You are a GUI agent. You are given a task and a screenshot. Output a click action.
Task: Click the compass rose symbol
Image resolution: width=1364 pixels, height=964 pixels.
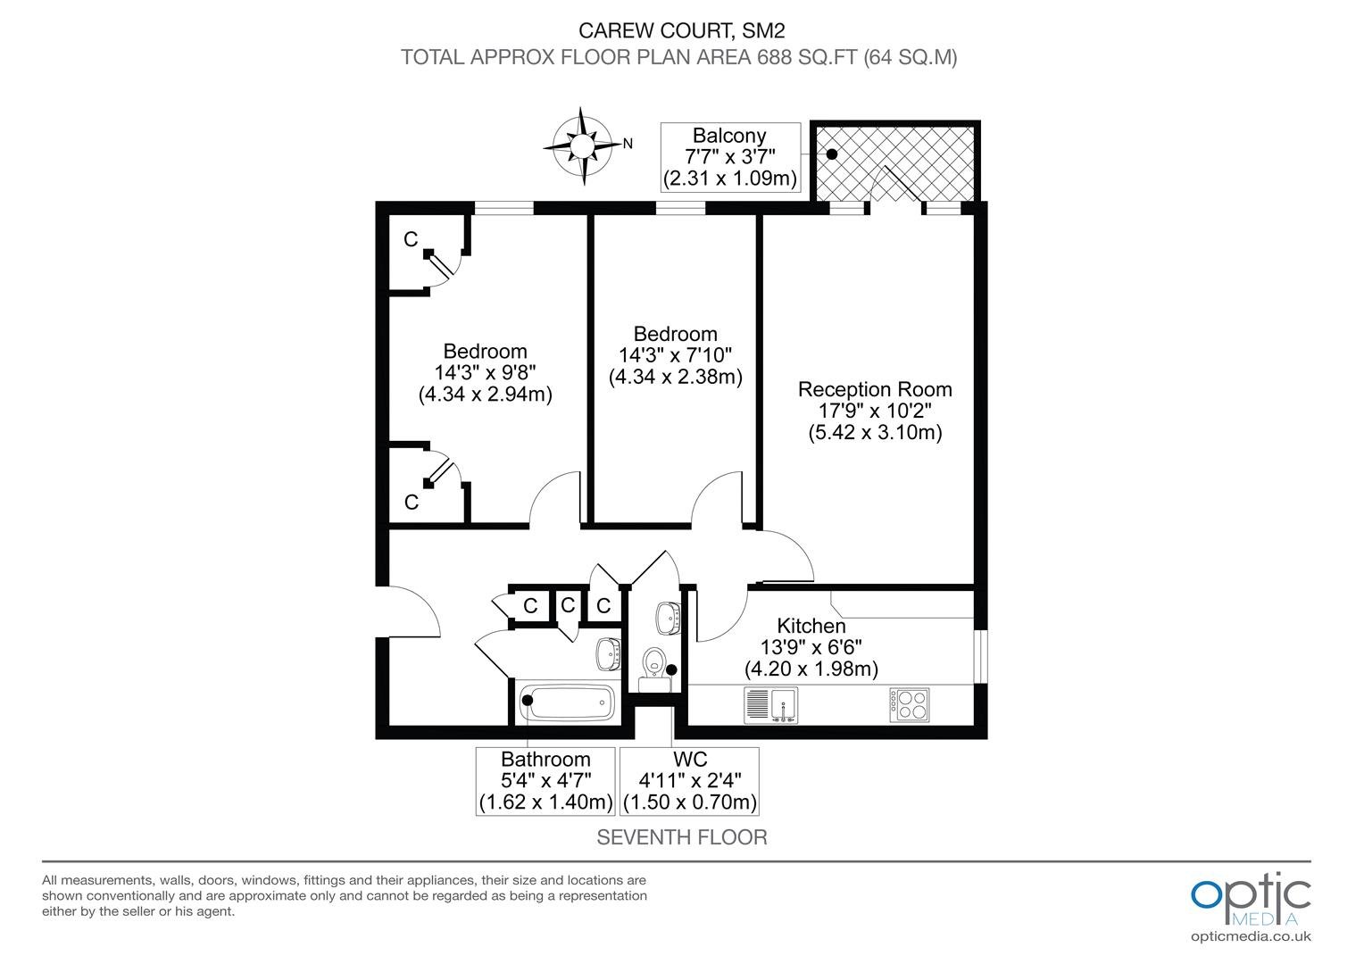(x=582, y=146)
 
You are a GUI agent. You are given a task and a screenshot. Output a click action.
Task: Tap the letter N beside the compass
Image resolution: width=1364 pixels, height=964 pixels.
(x=628, y=143)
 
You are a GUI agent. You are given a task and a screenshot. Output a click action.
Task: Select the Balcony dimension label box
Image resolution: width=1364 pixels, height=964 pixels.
(x=730, y=157)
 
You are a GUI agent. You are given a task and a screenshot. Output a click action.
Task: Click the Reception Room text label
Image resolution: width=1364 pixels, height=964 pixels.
(x=875, y=389)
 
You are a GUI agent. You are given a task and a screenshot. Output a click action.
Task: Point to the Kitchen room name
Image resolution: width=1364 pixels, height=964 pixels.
(x=811, y=626)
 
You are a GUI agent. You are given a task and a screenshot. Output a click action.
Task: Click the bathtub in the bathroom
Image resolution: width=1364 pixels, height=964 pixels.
(x=567, y=702)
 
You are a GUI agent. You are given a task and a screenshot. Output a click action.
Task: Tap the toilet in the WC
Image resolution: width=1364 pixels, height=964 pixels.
(x=654, y=669)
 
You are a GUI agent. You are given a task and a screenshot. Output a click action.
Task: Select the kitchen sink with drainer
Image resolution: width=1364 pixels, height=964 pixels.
(x=770, y=705)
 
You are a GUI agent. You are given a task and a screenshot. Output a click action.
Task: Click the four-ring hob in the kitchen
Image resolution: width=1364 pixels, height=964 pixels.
(x=909, y=704)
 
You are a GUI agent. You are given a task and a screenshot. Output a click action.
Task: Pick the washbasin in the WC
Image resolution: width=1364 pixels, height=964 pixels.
(x=668, y=618)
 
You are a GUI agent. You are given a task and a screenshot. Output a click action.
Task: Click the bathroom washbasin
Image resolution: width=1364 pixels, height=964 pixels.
(x=608, y=654)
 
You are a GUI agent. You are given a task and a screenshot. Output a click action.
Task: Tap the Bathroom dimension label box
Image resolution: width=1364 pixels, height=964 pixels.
(x=545, y=781)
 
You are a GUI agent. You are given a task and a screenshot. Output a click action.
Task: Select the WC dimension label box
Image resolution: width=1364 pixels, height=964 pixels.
(x=690, y=781)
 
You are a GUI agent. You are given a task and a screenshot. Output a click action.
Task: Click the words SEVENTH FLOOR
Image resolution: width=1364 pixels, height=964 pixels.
(x=682, y=837)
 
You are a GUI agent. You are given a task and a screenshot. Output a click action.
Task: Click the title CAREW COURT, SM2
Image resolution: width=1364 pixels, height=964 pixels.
(x=681, y=29)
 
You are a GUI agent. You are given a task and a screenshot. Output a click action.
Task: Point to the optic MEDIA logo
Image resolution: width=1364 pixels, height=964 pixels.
(x=1251, y=900)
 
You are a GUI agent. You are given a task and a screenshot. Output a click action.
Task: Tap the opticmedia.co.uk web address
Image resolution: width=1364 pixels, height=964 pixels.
(x=1251, y=936)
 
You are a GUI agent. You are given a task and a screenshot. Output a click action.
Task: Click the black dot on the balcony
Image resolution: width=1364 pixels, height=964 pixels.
(x=832, y=154)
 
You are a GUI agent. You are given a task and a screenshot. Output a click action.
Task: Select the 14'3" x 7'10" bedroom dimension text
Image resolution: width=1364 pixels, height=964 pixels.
(x=675, y=355)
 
